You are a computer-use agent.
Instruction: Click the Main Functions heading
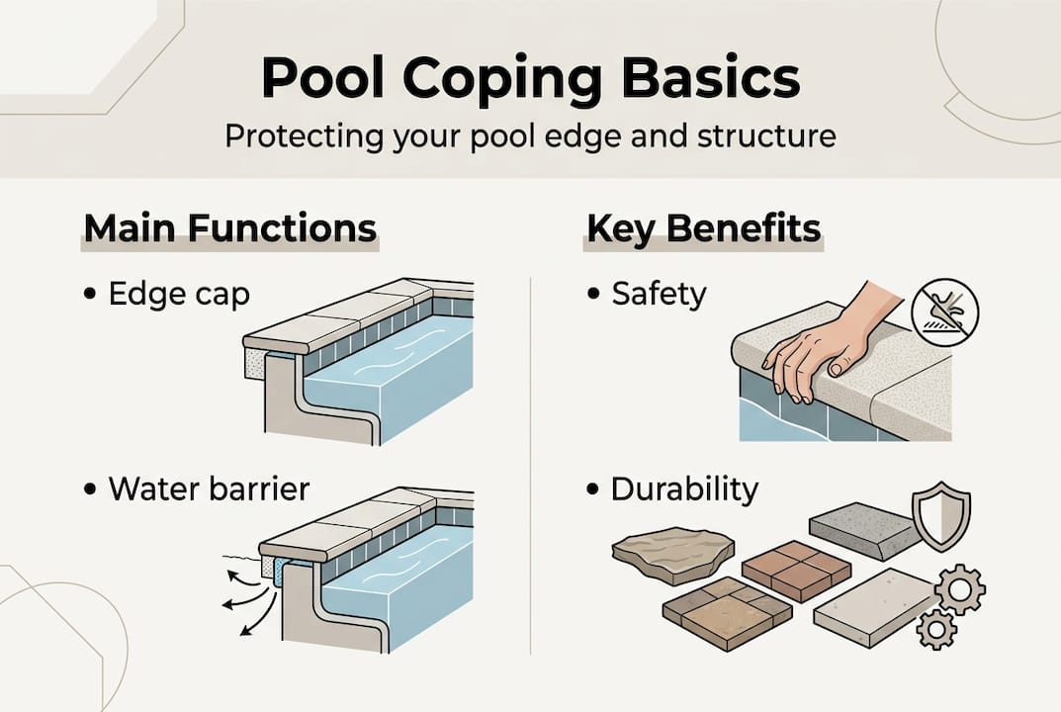229,227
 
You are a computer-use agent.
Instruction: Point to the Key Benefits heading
704,227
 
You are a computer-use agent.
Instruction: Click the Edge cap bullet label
178,295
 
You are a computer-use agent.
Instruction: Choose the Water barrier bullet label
209,489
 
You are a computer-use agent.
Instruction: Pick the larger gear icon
958,590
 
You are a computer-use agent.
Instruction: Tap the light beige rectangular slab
874,606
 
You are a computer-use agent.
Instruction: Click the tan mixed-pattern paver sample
727,611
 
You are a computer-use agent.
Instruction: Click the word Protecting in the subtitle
298,135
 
